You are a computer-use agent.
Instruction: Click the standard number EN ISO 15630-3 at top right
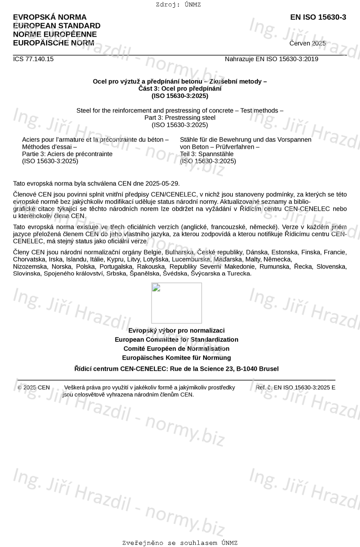[318, 17]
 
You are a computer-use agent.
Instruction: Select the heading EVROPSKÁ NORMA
[50, 17]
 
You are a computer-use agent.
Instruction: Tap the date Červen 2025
[307, 43]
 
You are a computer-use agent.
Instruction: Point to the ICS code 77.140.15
[33, 59]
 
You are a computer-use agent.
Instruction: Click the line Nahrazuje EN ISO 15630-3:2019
[271, 59]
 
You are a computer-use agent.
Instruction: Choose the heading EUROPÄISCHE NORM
[53, 43]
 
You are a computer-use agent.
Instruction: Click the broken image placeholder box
[176, 303]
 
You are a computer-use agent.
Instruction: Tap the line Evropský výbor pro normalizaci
[176, 331]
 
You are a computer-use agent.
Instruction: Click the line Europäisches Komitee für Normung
[176, 358]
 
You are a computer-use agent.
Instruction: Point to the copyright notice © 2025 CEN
[34, 388]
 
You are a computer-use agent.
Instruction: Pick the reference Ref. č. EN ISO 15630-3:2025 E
[295, 388]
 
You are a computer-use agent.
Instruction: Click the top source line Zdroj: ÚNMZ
[178, 5]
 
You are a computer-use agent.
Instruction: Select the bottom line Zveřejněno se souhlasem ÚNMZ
[180, 543]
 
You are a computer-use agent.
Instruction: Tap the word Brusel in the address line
[269, 369]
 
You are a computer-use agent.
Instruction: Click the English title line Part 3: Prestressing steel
[180, 118]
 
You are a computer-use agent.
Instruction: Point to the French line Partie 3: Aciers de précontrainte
[67, 154]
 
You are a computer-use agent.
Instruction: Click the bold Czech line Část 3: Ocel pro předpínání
[180, 88]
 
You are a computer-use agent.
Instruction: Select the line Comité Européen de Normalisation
[176, 349]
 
